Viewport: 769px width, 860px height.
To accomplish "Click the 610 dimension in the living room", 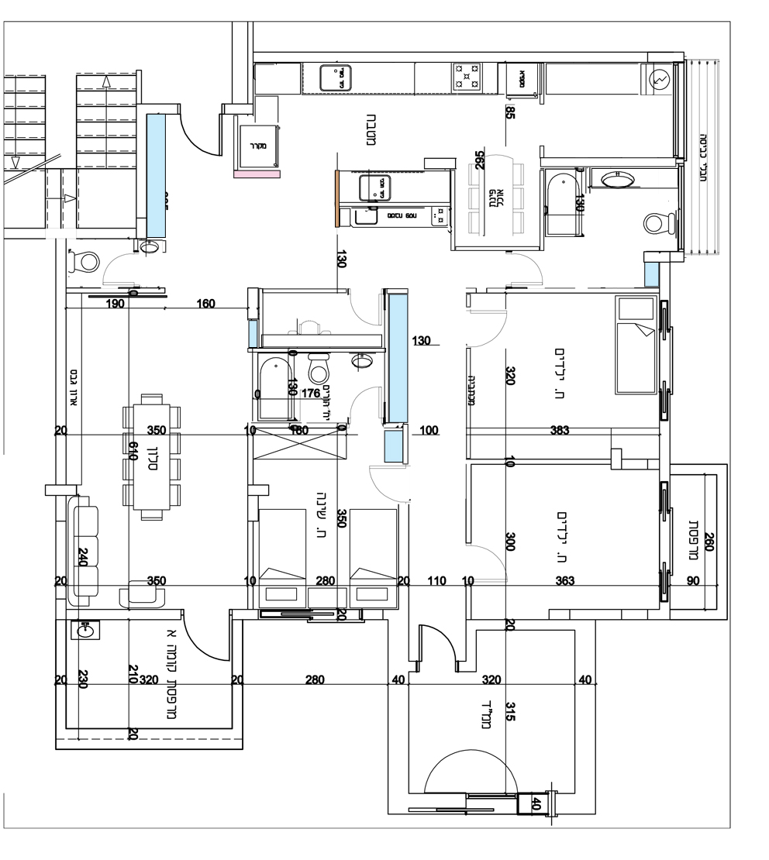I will (133, 452).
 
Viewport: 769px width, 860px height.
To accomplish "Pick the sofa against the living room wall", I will (84, 552).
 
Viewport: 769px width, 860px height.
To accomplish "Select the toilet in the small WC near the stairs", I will (84, 261).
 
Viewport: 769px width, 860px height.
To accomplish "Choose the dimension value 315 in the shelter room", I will (510, 711).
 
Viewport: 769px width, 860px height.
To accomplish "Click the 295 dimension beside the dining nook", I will (480, 160).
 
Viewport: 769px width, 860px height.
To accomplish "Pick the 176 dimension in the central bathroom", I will (310, 394).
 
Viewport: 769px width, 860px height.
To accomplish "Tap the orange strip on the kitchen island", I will (337, 198).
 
